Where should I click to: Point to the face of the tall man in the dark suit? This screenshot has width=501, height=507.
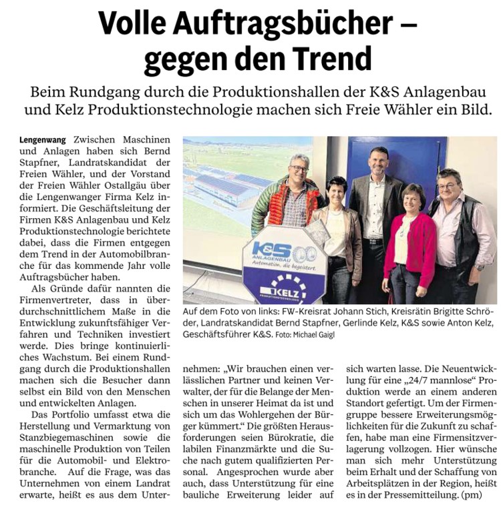point(378,162)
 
